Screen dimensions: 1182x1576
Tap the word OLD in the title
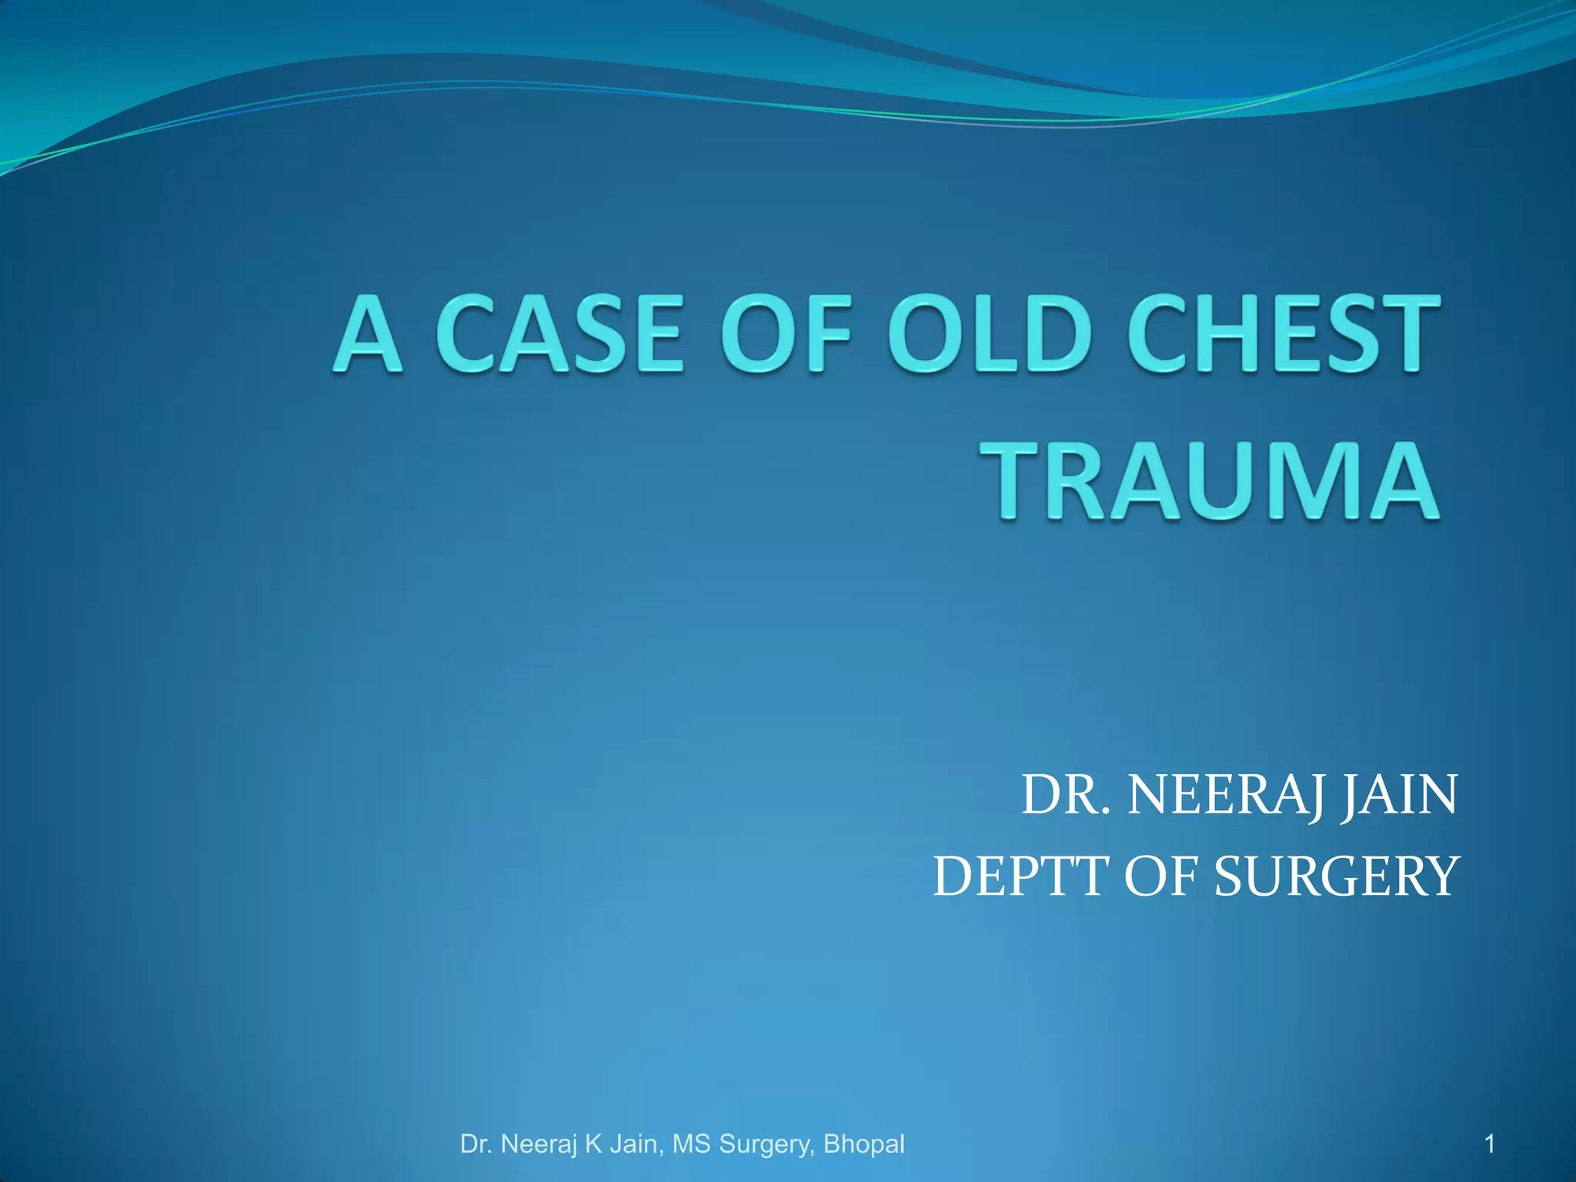click(x=990, y=334)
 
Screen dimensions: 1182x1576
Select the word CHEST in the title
click(x=1284, y=334)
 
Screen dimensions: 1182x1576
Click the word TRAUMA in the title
click(x=1214, y=482)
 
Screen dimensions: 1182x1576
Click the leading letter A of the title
click(x=368, y=334)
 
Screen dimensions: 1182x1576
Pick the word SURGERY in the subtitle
click(x=1336, y=876)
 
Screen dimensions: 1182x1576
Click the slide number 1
click(x=1490, y=1144)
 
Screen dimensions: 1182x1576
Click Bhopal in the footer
click(x=863, y=1144)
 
